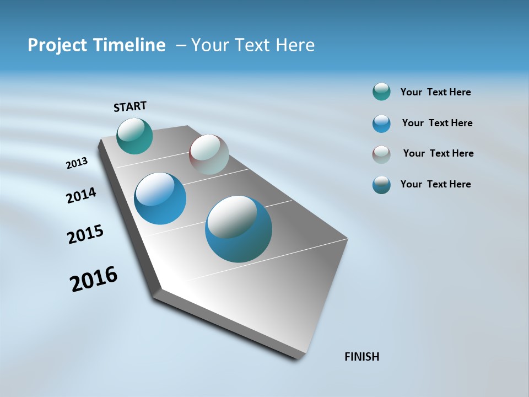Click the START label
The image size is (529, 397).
pos(130,106)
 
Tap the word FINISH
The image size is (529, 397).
pos(362,357)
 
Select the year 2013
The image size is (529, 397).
pos(77,163)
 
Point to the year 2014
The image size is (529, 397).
pos(81,195)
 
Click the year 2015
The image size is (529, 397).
pos(85,234)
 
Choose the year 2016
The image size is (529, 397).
pos(94,279)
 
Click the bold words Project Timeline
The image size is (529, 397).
pos(96,45)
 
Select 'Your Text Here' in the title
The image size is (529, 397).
pos(253,45)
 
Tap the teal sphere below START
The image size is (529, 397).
pos(134,136)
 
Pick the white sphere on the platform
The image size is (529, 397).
pos(209,154)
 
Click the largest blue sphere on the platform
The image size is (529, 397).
pos(239,228)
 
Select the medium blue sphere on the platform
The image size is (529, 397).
pos(160,198)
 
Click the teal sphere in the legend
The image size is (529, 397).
pos(381,92)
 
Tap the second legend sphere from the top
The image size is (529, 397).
pos(381,124)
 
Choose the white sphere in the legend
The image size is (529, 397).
pos(381,154)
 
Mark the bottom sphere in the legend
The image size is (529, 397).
pos(381,185)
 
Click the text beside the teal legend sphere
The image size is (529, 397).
pos(435,93)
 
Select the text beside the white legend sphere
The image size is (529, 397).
pos(438,153)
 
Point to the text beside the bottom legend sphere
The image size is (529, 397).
pos(435,184)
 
